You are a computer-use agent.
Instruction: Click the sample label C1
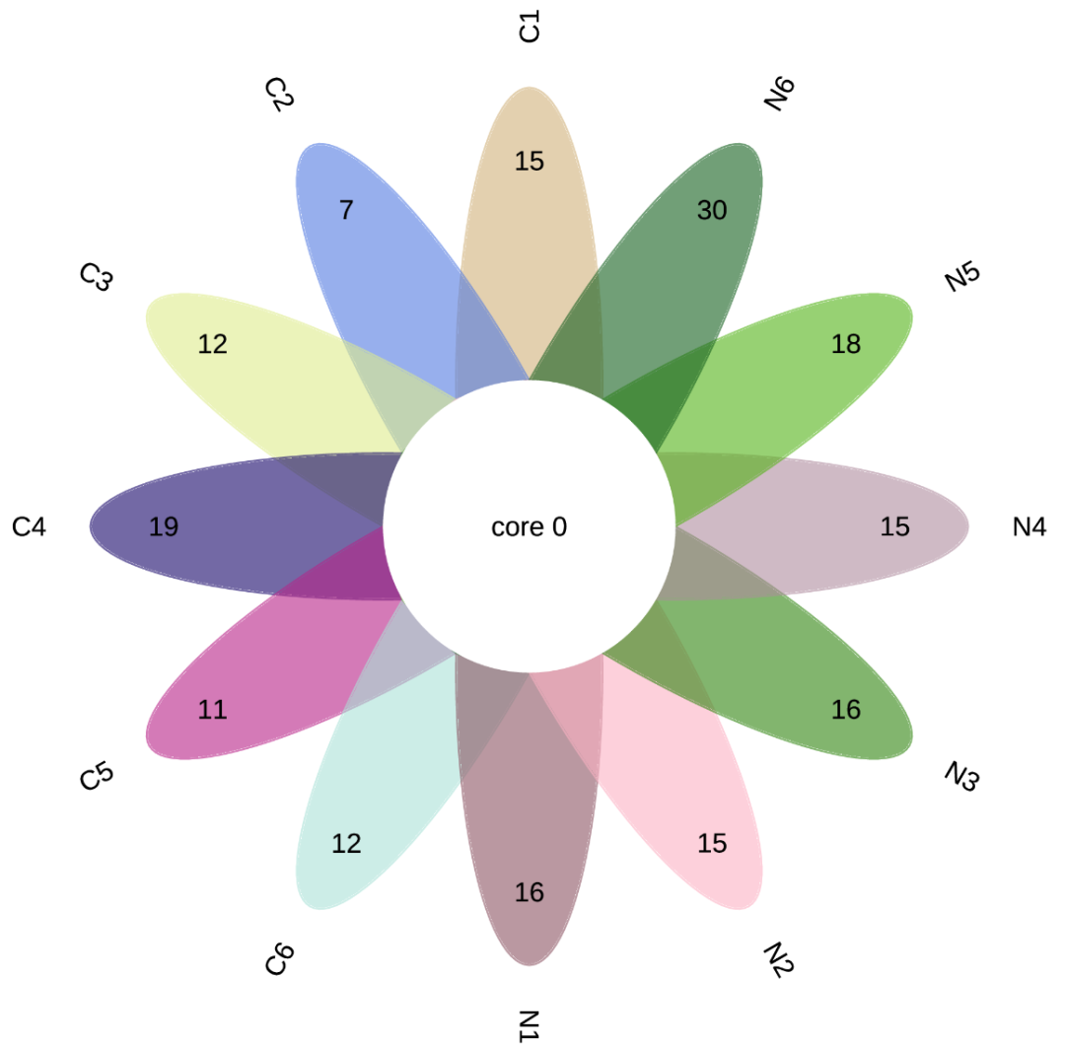[530, 26]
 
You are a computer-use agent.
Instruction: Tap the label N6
[779, 94]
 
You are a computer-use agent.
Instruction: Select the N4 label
[1029, 526]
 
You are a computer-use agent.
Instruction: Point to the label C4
[30, 526]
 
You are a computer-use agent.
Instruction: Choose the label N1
[530, 1026]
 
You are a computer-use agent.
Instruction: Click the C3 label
[96, 276]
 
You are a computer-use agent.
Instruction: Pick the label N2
[779, 958]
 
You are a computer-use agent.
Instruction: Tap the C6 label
[279, 958]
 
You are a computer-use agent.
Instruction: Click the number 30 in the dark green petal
[712, 210]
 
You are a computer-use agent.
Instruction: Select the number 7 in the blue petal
[346, 210]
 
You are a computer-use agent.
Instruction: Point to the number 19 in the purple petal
[164, 526]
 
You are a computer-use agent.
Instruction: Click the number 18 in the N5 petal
[846, 343]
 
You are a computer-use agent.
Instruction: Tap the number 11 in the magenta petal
[212, 710]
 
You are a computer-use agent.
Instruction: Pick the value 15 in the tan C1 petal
[530, 161]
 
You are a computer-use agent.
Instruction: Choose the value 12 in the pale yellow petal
[212, 343]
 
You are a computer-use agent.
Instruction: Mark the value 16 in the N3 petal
[846, 710]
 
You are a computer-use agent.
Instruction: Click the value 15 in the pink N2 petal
[712, 843]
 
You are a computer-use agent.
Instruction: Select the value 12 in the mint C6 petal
[346, 843]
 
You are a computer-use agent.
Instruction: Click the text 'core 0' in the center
[530, 526]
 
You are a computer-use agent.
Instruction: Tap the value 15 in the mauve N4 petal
[894, 526]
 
